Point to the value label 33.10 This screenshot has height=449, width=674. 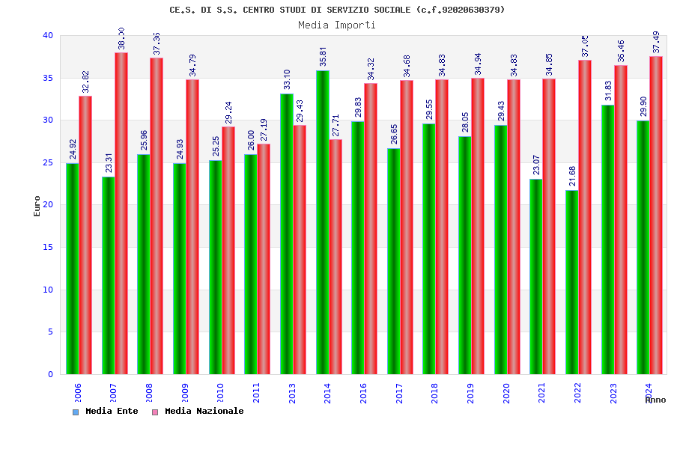(288, 79)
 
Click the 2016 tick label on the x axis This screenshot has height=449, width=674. (363, 393)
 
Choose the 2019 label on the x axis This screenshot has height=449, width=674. (470, 393)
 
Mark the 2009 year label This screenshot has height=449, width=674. (185, 393)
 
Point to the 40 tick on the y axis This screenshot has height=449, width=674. (48, 35)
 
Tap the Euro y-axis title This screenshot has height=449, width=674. (37, 206)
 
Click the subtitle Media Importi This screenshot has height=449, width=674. (337, 25)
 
